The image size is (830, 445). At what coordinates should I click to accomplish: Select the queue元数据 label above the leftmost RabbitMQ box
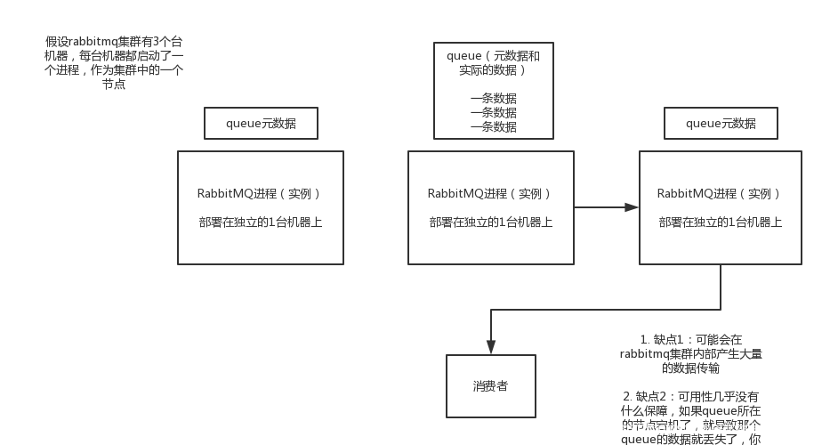(x=261, y=124)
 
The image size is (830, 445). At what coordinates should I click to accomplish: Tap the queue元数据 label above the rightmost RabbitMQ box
(x=721, y=124)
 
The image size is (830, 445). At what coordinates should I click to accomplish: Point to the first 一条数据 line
(x=493, y=99)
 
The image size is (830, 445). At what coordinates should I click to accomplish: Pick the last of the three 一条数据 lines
(x=493, y=127)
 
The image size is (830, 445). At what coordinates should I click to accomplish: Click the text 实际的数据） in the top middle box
(x=493, y=70)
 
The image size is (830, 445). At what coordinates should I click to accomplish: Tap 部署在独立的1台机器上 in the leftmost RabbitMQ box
(x=260, y=222)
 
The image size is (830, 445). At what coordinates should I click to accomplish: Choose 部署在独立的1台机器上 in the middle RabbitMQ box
(x=490, y=222)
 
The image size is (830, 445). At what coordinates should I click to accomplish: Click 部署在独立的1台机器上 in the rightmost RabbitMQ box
(x=720, y=222)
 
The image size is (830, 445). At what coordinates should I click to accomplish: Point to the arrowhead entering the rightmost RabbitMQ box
(x=632, y=207)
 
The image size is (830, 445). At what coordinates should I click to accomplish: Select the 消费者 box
(x=490, y=387)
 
